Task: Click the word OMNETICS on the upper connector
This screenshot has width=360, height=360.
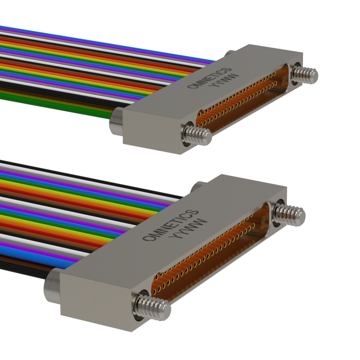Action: pos(210,78)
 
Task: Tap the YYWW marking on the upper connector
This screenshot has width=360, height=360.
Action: pos(223,80)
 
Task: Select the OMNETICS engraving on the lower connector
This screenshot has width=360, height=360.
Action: pos(170,225)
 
